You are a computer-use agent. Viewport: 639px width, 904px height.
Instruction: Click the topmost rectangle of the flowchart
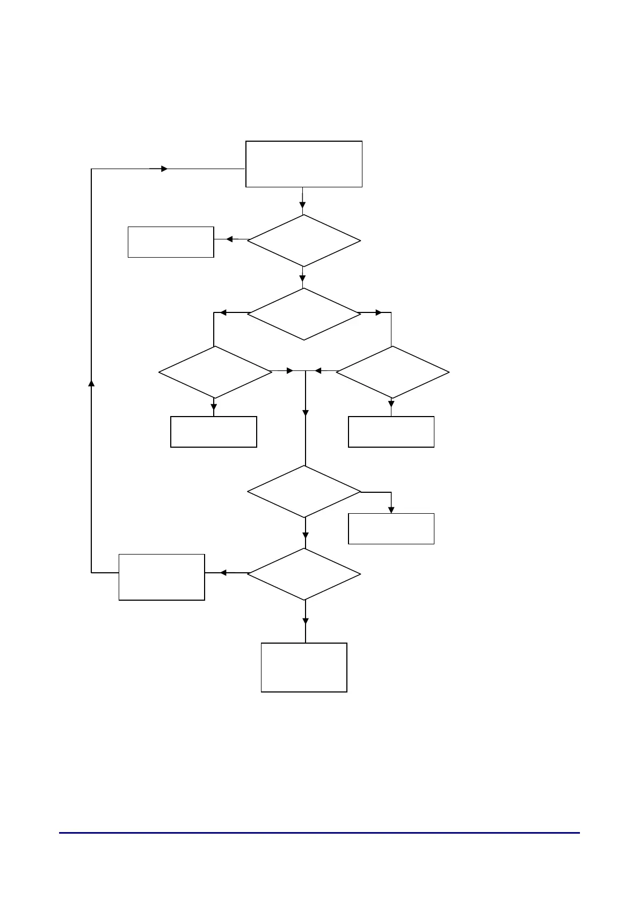pos(303,164)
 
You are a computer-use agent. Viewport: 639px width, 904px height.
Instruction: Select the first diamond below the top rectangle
pos(303,240)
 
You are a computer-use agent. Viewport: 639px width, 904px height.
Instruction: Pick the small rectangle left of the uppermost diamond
pos(171,242)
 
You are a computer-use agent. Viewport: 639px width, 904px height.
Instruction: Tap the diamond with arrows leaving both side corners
pos(303,314)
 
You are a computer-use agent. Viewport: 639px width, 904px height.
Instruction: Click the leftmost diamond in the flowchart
pos(215,372)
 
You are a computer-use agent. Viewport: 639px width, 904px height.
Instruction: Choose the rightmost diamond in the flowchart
pos(393,372)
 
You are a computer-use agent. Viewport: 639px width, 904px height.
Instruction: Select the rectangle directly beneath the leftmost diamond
pos(213,432)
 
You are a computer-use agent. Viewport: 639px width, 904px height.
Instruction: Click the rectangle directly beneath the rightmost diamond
pos(391,432)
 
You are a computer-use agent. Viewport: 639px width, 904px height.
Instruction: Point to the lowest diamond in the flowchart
pos(303,574)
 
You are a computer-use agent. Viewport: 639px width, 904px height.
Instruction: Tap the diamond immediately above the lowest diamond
pos(303,491)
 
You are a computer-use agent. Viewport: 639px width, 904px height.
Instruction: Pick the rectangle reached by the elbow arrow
pos(391,529)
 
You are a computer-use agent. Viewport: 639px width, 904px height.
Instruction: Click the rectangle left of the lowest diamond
pos(161,577)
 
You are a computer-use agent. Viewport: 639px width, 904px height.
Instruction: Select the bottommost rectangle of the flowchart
pos(304,667)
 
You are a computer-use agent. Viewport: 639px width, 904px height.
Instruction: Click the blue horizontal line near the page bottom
pos(319,833)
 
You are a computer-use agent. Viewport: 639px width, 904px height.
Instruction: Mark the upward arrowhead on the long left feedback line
pos(91,383)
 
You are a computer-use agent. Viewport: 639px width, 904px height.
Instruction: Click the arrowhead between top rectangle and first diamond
pos(302,205)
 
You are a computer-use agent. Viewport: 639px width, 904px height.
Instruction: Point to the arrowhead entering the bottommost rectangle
pos(306,621)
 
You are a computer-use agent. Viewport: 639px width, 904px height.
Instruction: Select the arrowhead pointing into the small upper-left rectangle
pos(229,239)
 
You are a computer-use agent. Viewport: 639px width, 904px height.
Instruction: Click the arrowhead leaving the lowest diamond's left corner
pos(223,573)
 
